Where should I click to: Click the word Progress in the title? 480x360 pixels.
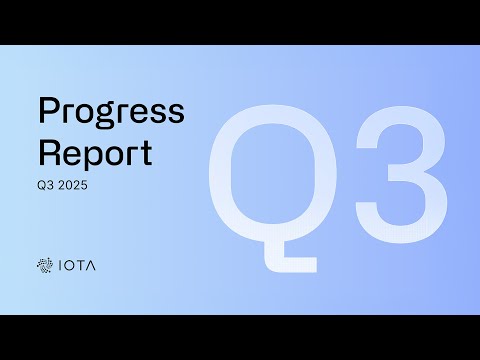[110, 112]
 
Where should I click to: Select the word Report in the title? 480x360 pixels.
[94, 153]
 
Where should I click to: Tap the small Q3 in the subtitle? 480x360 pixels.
[45, 185]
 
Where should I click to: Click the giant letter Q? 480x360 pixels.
[269, 180]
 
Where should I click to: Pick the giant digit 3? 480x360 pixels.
[400, 180]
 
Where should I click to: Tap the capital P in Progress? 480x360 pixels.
[47, 111]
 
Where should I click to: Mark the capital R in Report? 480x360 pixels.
[48, 153]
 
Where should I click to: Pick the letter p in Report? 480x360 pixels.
[91, 159]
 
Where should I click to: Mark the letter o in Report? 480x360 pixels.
[113, 156]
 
